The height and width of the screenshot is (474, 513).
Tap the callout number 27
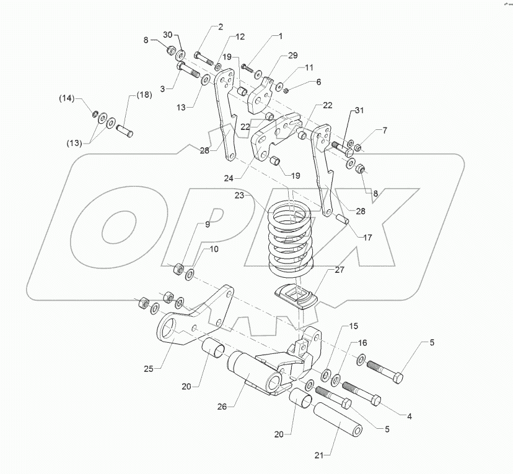(340, 270)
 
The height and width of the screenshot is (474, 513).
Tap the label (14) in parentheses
(66, 98)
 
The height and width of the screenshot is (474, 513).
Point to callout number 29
(292, 56)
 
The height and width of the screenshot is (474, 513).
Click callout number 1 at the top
(279, 37)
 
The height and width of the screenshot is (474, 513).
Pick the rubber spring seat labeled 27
(296, 296)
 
